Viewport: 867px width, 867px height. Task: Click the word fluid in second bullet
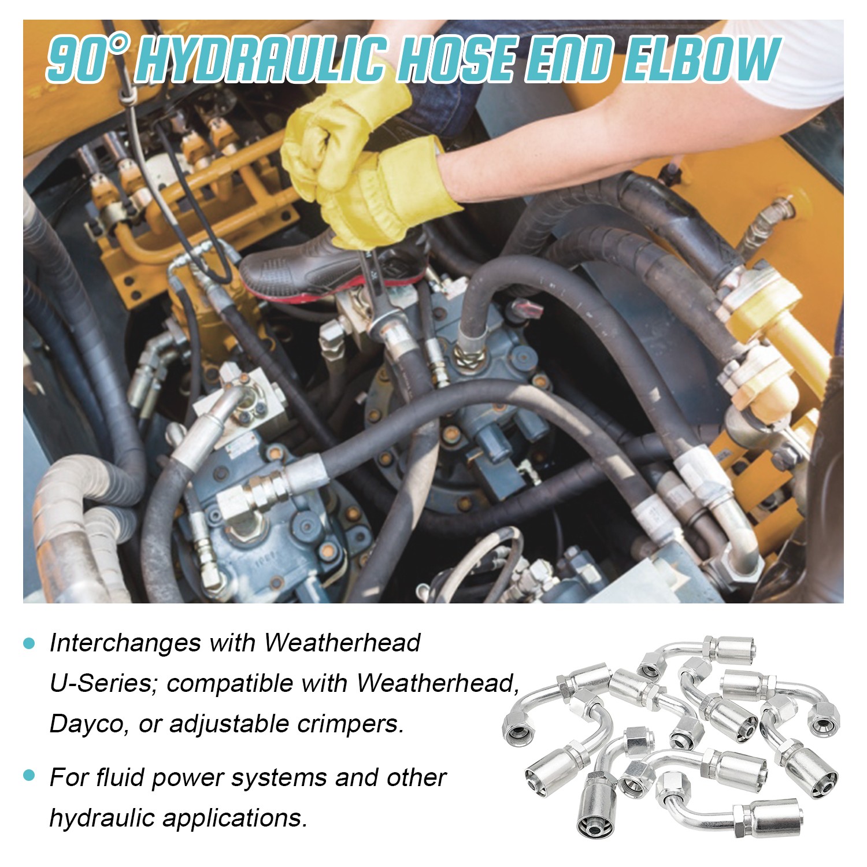(122, 777)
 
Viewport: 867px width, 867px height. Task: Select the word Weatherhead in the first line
(342, 643)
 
